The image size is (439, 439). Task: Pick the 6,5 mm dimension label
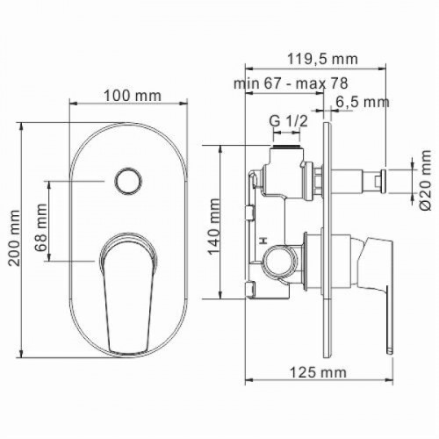(363, 103)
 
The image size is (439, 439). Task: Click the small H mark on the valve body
(263, 238)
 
